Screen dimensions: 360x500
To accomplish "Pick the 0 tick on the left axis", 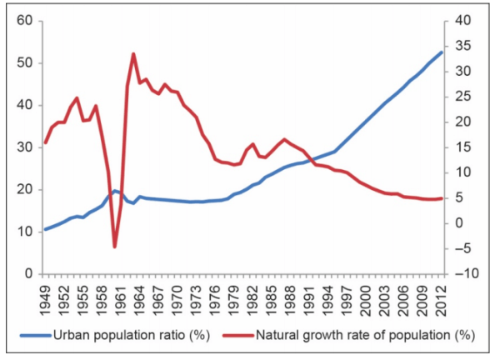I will [27, 273].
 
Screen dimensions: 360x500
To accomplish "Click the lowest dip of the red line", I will [115, 247].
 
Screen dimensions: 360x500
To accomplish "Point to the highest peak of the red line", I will [133, 54].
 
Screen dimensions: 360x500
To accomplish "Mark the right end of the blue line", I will [441, 52].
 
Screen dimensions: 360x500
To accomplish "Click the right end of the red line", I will [441, 198].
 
